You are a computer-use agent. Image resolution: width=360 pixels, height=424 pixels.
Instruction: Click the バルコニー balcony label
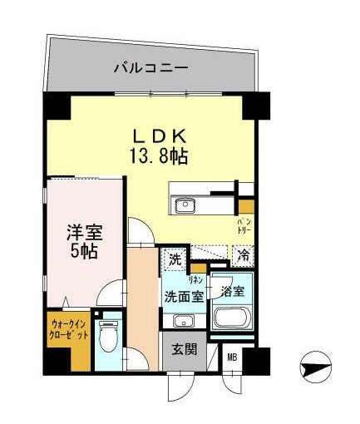150,69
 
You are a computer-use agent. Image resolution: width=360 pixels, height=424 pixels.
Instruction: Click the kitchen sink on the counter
184,205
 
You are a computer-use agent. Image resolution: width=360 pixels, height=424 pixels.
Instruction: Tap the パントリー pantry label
245,226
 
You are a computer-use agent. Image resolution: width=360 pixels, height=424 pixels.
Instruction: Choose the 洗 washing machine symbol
175,259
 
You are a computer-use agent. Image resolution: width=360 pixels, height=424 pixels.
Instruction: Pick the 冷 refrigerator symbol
244,258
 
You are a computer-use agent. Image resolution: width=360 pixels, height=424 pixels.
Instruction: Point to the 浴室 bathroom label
232,291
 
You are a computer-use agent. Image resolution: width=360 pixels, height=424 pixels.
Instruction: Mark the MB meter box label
232,358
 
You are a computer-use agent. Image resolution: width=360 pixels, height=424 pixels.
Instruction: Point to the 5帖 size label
83,251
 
